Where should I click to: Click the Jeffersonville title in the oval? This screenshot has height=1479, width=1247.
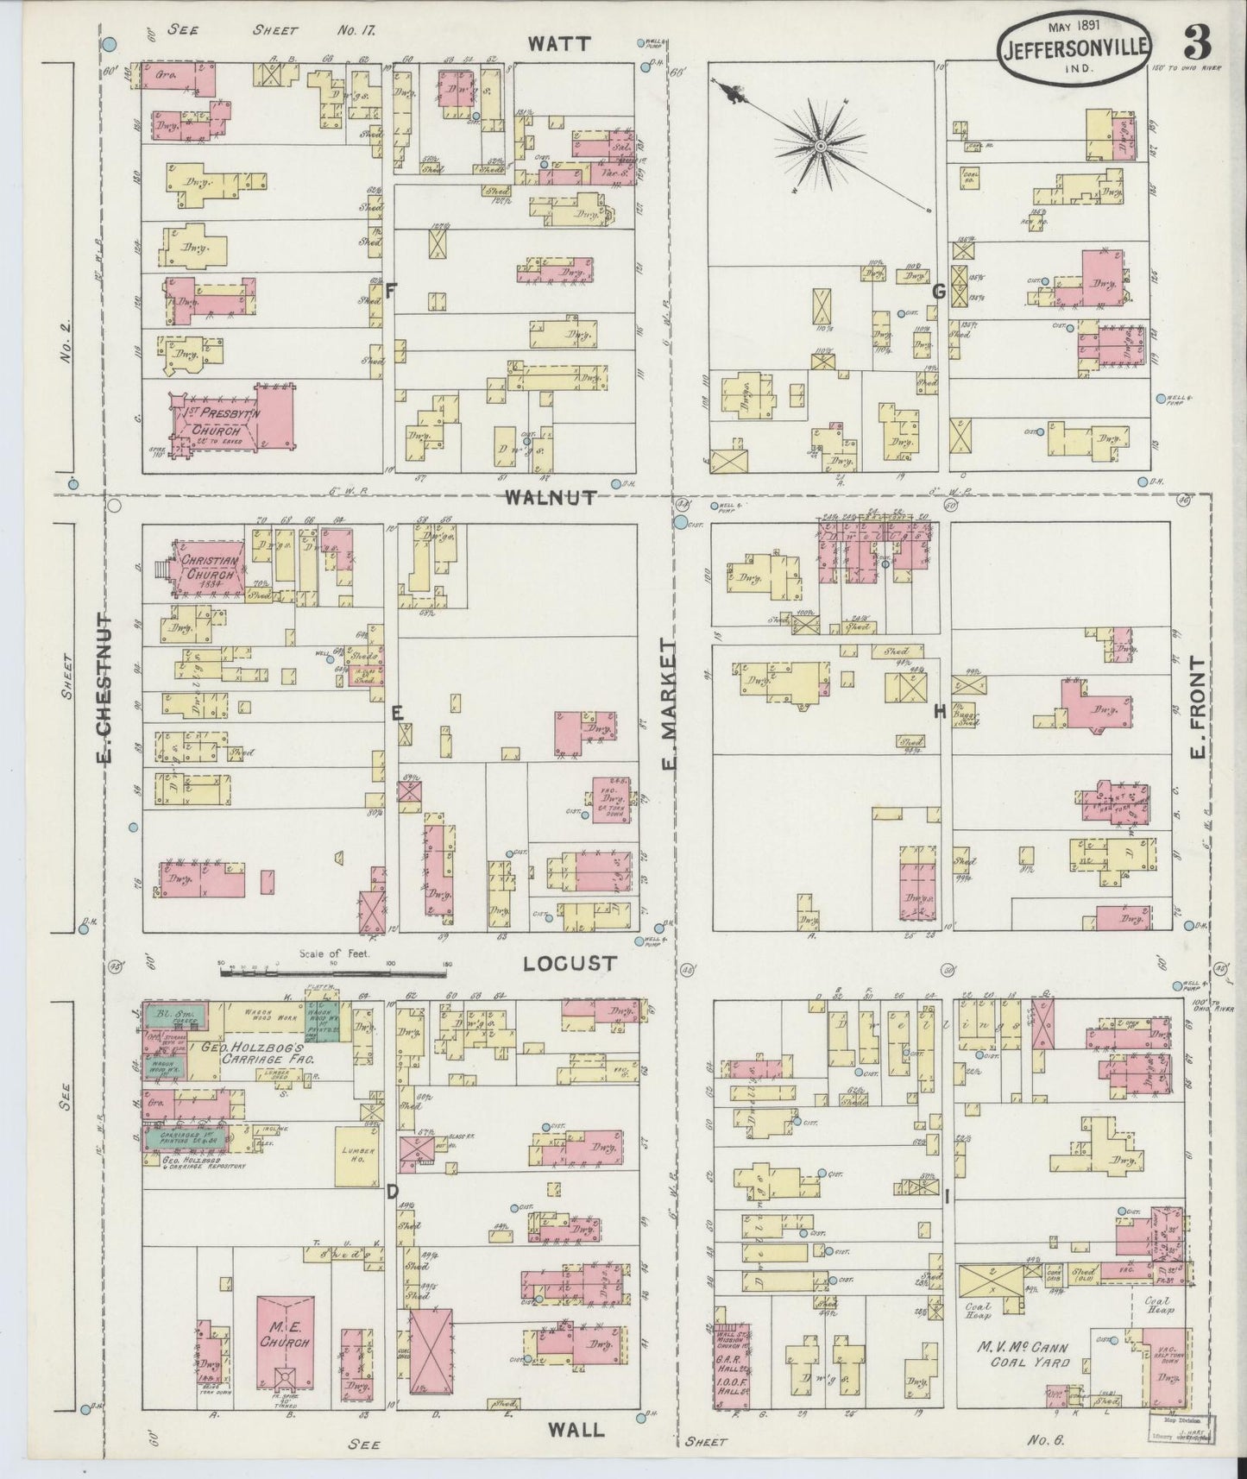coord(1075,49)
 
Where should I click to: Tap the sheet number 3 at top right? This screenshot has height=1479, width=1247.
coord(1196,42)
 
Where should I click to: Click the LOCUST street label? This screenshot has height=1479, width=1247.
coord(570,963)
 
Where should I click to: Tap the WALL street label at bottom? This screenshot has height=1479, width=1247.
coord(576,1429)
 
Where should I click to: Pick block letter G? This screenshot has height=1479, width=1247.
coord(938,293)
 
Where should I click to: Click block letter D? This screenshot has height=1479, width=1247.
coord(393,1193)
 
